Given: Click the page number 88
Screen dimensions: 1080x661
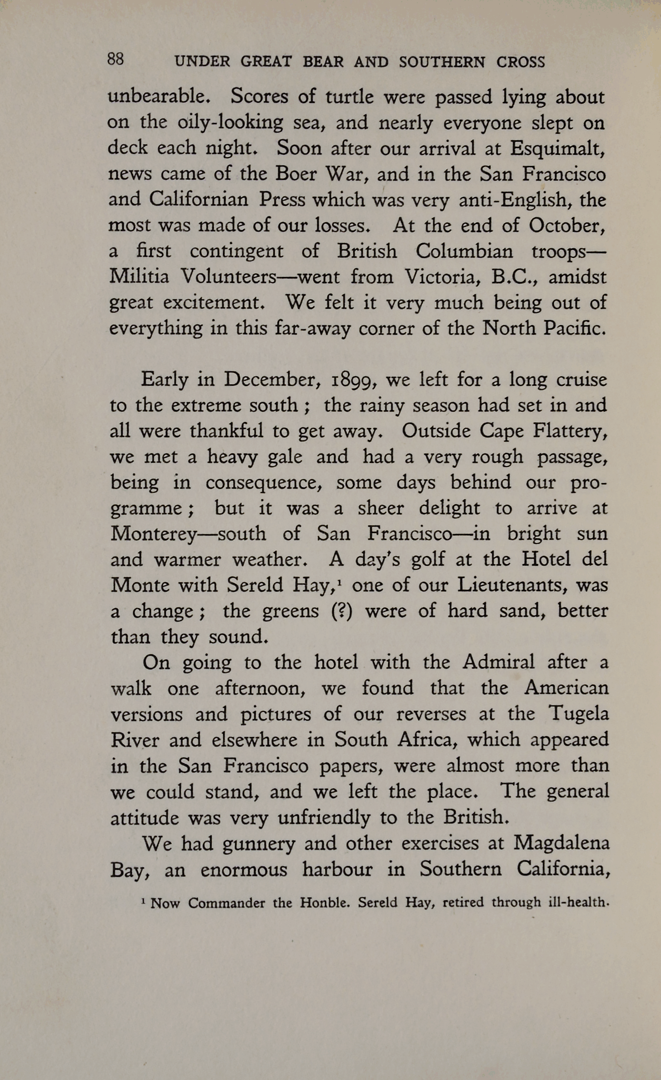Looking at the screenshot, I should point(115,60).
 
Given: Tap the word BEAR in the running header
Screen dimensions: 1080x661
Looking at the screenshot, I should point(323,62).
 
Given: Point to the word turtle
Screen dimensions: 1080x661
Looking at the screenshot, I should point(349,96).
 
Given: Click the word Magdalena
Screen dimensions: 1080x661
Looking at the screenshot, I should point(561,844).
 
